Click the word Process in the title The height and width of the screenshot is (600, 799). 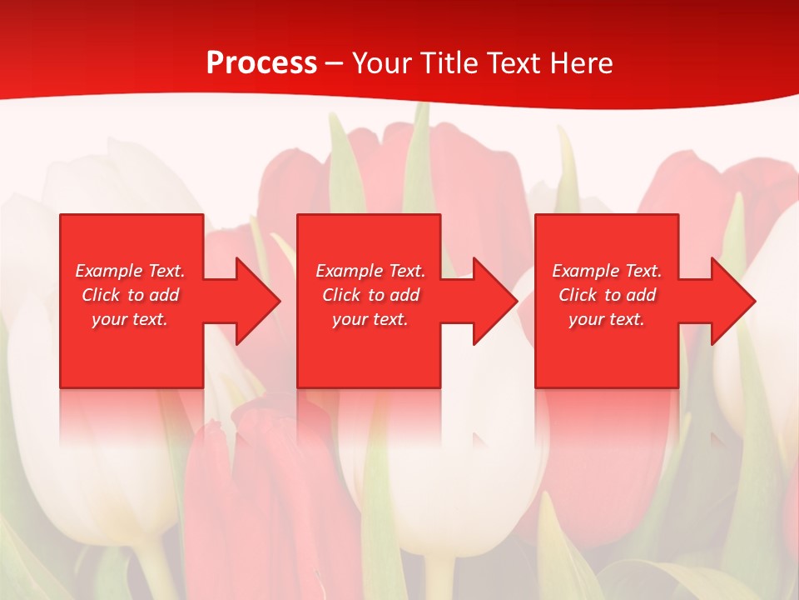(x=261, y=63)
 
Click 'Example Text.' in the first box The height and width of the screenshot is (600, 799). (x=130, y=271)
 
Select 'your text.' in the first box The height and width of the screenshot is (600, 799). (x=130, y=319)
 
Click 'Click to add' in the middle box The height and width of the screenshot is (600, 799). (x=370, y=295)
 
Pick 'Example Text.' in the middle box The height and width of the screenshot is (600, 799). (x=370, y=271)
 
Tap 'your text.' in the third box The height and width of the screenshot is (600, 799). (x=607, y=319)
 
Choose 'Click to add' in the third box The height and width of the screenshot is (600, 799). (x=607, y=295)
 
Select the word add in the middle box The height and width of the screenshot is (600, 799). (x=404, y=295)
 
